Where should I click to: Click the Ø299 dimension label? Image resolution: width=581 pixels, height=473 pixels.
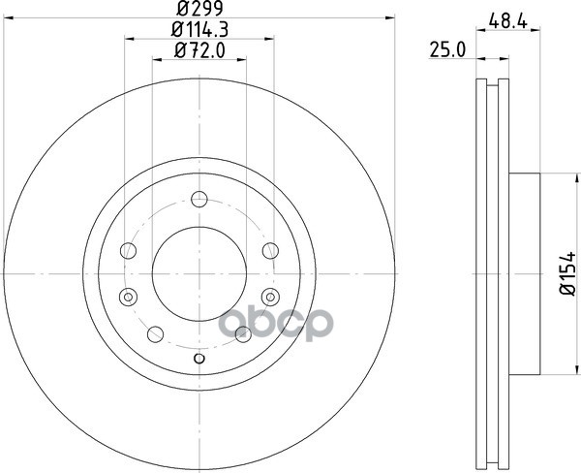click(x=199, y=8)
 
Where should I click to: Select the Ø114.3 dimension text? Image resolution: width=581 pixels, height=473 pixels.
click(x=199, y=29)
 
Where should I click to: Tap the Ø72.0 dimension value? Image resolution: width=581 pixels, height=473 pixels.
click(x=199, y=50)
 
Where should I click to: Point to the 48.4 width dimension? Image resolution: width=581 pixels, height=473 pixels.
click(x=507, y=20)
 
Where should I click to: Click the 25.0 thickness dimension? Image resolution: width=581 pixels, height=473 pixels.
click(x=446, y=49)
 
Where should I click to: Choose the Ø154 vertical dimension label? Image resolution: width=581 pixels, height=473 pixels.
click(x=567, y=273)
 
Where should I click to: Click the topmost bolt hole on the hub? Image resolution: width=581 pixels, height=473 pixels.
click(x=199, y=200)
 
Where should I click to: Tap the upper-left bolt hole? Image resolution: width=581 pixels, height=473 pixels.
click(x=128, y=250)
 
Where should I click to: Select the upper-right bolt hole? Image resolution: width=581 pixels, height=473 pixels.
click(x=270, y=250)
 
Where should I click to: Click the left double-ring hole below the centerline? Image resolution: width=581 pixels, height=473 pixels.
click(x=128, y=297)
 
